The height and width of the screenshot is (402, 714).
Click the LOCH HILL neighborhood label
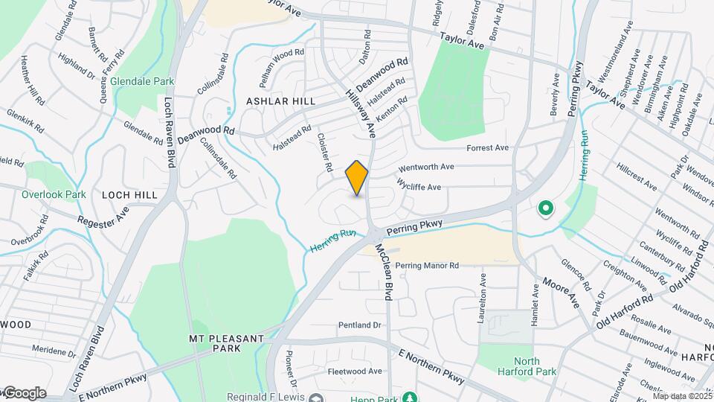[x=129, y=194]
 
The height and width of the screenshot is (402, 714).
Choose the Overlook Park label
[x=54, y=194]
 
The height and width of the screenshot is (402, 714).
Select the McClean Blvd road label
[x=385, y=272]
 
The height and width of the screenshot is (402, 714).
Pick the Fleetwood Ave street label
[x=355, y=371]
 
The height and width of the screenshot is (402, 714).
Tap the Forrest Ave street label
[x=487, y=147]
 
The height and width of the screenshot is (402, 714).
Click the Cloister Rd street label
[x=324, y=153]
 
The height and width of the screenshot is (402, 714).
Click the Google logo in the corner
[x=24, y=392]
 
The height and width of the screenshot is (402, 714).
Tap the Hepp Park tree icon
[x=408, y=397]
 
